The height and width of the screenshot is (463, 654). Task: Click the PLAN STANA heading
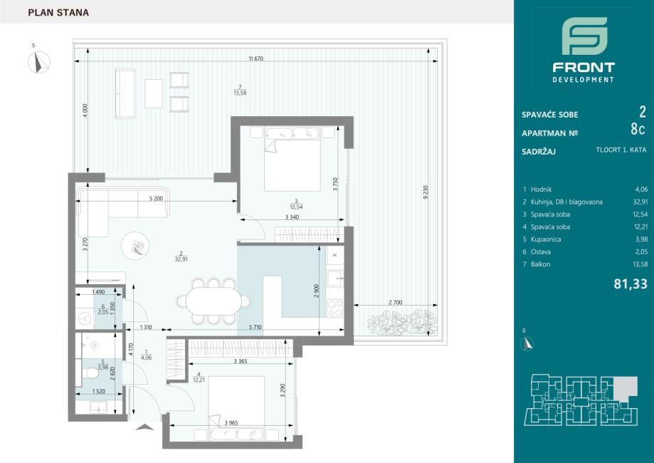pos(58,13)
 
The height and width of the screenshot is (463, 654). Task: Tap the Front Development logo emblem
pos(584,36)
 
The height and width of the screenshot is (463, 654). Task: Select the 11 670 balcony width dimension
pos(255,59)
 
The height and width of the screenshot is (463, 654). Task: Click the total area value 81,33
pos(631,284)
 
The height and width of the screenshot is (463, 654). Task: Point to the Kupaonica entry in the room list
pos(546,239)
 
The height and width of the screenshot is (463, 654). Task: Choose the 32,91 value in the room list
pos(640,202)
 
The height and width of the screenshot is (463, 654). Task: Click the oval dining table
pos(213,301)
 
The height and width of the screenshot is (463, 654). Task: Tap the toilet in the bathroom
pos(90,373)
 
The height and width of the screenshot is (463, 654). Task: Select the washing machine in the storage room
pos(85,319)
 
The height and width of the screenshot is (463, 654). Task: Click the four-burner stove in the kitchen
pos(335,308)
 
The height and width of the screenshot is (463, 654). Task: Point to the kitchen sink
pos(335,278)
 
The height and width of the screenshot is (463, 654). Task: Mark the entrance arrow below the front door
pos(144,427)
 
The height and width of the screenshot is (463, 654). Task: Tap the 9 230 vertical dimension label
pos(426,192)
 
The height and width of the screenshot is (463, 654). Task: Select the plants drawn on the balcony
pos(402,322)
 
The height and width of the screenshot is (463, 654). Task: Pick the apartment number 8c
pos(638,130)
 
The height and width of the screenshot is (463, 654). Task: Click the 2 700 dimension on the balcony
pos(395,302)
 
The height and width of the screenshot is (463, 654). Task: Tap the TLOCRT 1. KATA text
pos(621,150)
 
